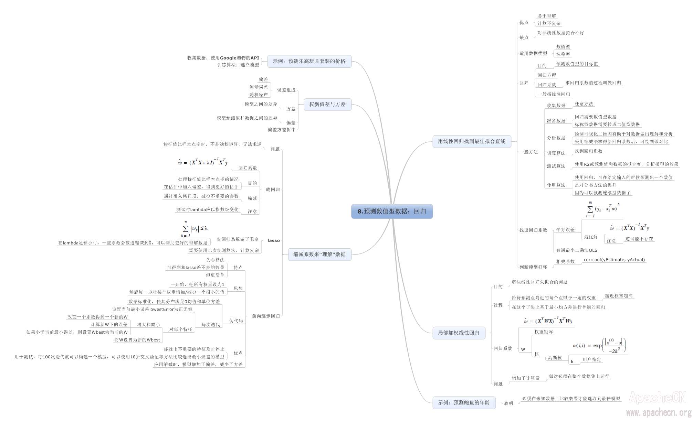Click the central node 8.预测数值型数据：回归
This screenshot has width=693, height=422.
coord(392,211)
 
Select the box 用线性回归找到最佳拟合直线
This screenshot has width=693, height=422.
coord(472,141)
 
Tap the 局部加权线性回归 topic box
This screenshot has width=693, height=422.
coord(459,333)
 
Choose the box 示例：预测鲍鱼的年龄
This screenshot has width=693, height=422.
coord(464,402)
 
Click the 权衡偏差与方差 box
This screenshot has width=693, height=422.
coord(327,104)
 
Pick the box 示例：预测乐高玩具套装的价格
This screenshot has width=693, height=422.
coord(309,61)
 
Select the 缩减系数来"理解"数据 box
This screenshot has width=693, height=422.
coord(319,254)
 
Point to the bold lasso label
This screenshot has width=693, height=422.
coord(274,240)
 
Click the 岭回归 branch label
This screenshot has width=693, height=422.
coord(273,190)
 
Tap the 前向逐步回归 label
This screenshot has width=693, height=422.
coord(266,316)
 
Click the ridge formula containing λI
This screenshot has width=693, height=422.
coord(202,162)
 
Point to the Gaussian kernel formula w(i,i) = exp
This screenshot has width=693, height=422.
coord(599,345)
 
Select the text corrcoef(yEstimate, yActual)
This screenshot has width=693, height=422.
coord(614,260)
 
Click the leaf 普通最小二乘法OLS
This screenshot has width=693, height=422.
coord(577,250)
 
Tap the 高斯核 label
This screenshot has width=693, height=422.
coord(555,358)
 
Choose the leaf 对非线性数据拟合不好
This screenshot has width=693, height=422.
coord(560,33)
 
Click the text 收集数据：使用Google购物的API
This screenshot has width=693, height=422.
coord(223,58)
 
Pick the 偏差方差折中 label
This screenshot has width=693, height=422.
coord(282,130)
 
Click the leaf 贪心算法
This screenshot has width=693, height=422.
coord(215,260)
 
